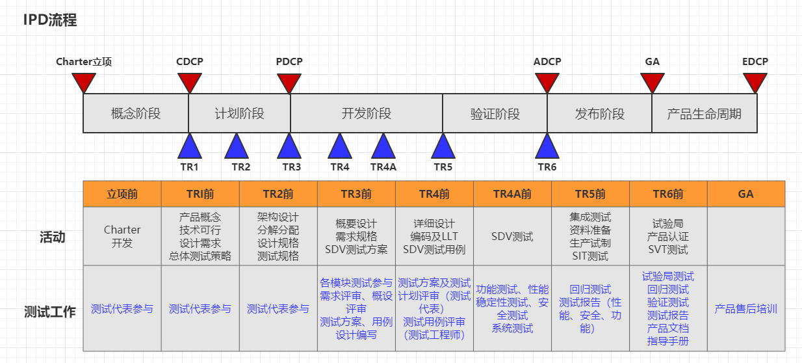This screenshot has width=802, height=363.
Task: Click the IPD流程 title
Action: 50,20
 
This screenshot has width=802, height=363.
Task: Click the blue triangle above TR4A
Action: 383,148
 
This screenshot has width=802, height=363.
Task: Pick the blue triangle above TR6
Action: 547,148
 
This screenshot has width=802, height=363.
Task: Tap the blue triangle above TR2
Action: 237,148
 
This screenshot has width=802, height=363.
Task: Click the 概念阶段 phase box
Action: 136,114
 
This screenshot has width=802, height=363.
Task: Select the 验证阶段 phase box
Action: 495,114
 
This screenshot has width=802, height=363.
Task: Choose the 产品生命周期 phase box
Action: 704,114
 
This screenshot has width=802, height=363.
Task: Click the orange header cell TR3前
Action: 356,194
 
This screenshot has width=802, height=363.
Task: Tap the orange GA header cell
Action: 745,194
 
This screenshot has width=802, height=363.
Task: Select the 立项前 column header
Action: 122,194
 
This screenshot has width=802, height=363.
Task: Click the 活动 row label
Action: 53,237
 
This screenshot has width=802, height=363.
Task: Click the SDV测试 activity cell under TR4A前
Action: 512,237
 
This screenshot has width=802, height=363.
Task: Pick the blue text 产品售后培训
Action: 745,309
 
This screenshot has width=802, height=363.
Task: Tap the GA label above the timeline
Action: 652,62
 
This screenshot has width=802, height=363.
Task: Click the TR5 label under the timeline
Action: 443,167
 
